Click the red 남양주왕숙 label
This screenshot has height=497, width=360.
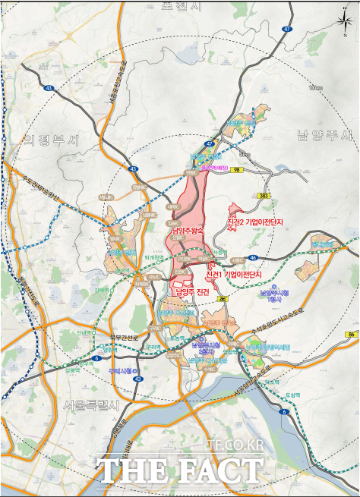188,231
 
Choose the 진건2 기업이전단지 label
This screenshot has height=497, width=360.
254,222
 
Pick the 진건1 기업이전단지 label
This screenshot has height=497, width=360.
233,274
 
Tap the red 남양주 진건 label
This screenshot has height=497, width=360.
191,291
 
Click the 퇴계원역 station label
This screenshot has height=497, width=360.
155,257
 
